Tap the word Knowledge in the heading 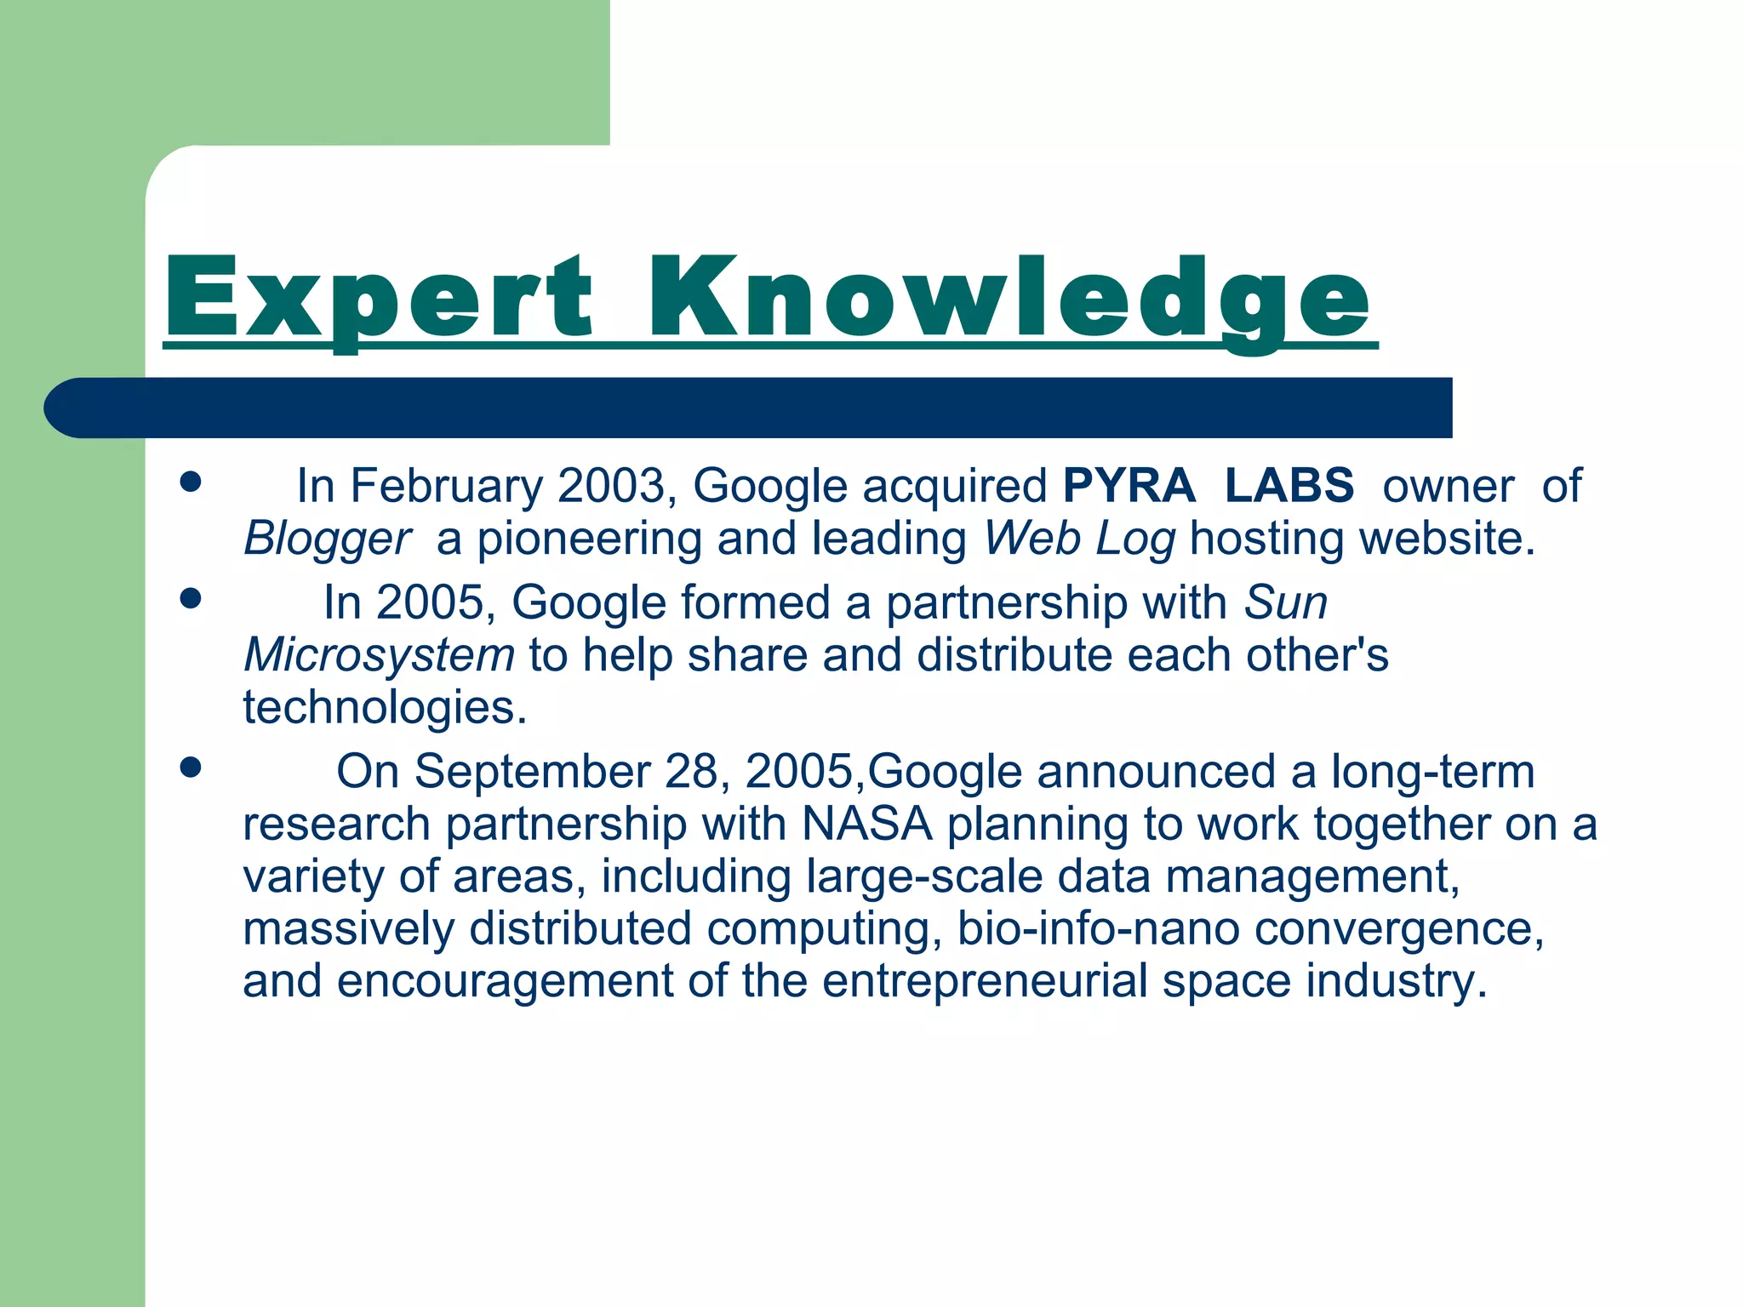(x=1009, y=300)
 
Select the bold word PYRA (x=1129, y=485)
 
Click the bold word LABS (x=1289, y=485)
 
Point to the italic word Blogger (x=327, y=539)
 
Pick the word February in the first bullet (x=447, y=486)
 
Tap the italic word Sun (x=1285, y=602)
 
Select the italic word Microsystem (x=379, y=655)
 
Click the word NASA (x=866, y=824)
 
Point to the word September (x=533, y=772)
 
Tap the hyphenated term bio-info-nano (x=1098, y=928)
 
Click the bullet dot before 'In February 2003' (x=191, y=482)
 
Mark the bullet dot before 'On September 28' (x=191, y=768)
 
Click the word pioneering (x=589, y=539)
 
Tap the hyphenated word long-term (x=1433, y=772)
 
